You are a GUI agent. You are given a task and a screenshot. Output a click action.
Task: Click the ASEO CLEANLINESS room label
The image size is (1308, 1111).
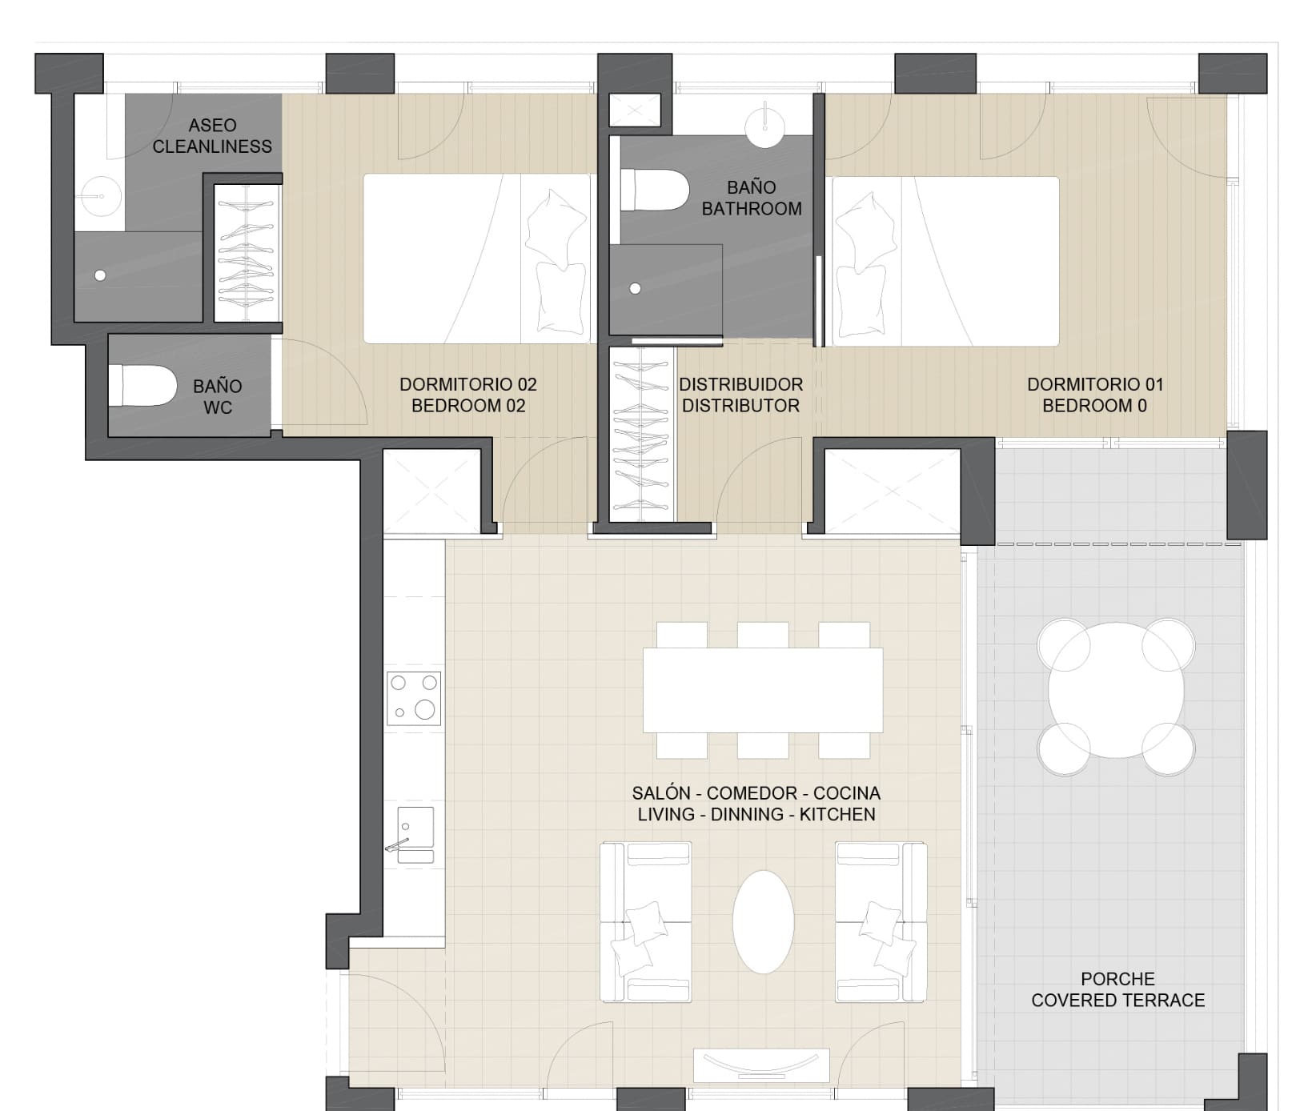click(212, 136)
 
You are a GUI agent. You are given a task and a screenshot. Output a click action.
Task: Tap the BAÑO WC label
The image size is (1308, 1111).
click(218, 397)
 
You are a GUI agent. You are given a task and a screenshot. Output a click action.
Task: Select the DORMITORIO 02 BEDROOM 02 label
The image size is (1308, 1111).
click(468, 395)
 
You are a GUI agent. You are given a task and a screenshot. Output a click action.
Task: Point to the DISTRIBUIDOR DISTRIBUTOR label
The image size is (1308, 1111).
click(740, 395)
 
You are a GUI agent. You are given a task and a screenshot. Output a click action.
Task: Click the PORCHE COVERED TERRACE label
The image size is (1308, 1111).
click(1117, 990)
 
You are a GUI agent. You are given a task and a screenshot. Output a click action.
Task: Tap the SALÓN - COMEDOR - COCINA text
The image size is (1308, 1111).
click(756, 793)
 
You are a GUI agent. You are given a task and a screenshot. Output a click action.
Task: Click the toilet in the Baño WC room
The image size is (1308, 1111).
click(142, 385)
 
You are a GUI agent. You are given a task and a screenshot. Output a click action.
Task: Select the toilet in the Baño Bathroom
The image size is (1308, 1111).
click(655, 190)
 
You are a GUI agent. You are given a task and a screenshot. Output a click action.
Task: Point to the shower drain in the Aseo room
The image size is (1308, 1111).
click(100, 275)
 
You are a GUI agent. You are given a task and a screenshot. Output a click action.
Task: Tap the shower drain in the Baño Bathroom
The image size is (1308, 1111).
click(636, 289)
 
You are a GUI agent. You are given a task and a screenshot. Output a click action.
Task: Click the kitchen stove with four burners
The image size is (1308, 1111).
click(414, 698)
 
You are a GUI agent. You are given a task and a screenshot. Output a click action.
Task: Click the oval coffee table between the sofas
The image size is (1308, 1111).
click(764, 922)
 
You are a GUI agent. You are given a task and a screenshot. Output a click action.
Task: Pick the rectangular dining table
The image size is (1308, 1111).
click(763, 690)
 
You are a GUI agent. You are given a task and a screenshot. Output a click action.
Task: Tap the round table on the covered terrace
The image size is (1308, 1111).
click(1116, 696)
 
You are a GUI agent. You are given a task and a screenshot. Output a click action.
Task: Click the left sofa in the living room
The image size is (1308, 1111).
click(646, 921)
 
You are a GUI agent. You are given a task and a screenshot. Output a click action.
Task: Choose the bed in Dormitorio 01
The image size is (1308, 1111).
click(945, 261)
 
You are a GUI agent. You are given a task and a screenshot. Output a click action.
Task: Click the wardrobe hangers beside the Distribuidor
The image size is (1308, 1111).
click(640, 432)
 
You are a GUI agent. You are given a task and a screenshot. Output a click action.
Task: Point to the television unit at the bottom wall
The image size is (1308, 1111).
click(761, 1065)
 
